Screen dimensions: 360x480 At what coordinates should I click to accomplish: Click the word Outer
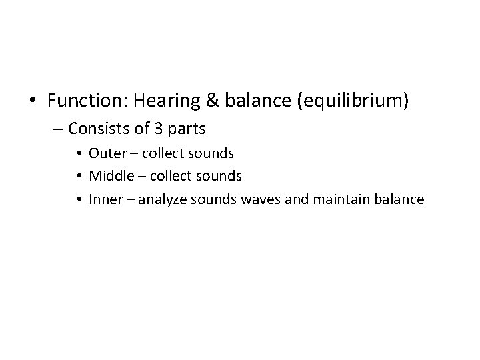(103, 153)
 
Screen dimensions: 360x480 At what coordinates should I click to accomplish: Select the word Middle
(107, 175)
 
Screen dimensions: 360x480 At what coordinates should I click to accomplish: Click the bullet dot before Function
(33, 101)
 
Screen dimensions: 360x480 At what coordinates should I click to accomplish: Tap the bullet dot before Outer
(80, 153)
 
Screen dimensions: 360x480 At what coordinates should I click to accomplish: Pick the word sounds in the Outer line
(211, 153)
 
